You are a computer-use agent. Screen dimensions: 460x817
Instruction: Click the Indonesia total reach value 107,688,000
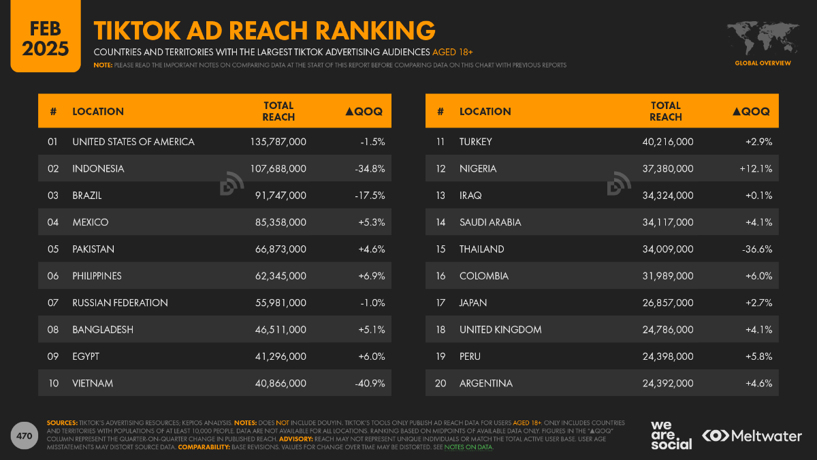pos(278,168)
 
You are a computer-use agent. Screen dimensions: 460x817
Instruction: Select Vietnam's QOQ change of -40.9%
pos(370,383)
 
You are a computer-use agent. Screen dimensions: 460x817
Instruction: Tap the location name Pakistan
pos(93,249)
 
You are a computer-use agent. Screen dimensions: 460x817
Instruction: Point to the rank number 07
pos(53,303)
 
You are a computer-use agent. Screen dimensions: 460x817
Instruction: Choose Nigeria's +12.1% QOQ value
pos(756,168)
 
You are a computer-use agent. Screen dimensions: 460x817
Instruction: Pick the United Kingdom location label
pos(500,329)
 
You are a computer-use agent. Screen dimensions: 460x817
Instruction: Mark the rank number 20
pos(440,383)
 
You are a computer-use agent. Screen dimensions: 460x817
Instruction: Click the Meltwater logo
pos(752,435)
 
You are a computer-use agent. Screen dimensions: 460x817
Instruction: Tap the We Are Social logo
pos(671,435)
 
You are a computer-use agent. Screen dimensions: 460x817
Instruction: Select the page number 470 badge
pos(24,435)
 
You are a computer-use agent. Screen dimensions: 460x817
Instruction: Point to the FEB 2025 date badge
pos(45,37)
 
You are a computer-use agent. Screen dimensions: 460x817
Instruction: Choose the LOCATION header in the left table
pos(98,111)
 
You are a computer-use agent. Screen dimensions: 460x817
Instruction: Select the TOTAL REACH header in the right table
pos(666,111)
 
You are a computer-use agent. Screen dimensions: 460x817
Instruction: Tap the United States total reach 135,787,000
pos(278,142)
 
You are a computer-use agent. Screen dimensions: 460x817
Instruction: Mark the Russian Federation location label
pos(120,303)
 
